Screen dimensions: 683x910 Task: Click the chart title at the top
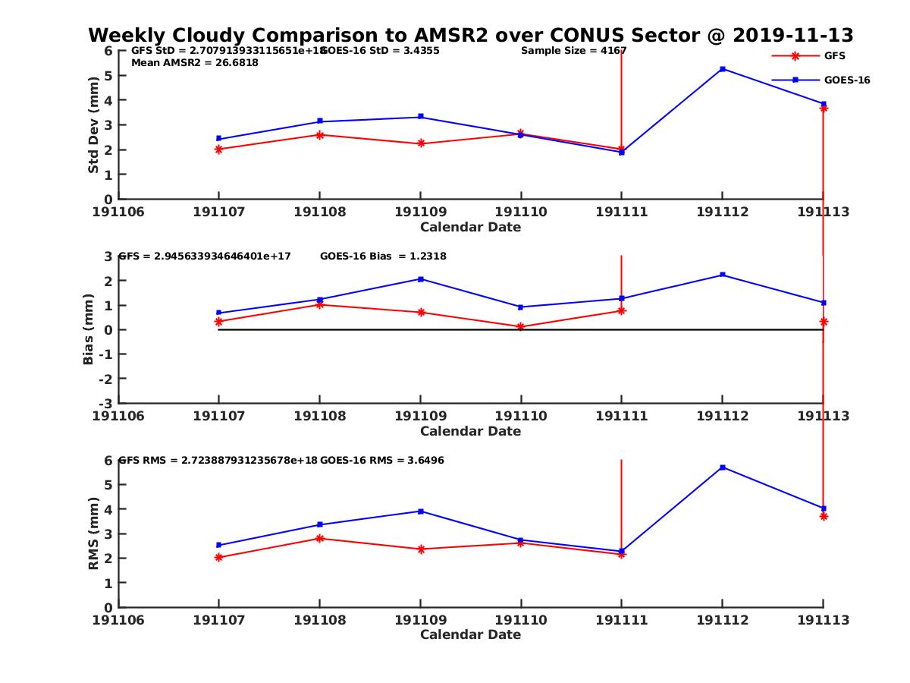(470, 35)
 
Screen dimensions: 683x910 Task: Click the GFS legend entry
(834, 55)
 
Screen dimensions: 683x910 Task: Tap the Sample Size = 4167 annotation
(573, 51)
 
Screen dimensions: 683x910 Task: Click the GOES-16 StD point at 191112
(723, 69)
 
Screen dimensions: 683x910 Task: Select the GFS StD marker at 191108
(320, 135)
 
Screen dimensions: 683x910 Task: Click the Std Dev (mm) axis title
(93, 125)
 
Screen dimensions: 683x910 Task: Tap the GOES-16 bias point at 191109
(421, 279)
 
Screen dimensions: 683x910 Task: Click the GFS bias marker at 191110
(521, 327)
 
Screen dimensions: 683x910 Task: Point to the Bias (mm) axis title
(89, 329)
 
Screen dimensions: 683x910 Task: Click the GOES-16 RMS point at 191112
(723, 467)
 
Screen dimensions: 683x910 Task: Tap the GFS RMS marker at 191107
(219, 558)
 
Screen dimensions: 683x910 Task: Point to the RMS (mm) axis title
(93, 534)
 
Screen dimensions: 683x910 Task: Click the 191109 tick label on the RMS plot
(420, 620)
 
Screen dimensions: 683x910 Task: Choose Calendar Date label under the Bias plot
(470, 431)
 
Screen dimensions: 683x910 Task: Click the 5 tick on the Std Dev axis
(108, 75)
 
